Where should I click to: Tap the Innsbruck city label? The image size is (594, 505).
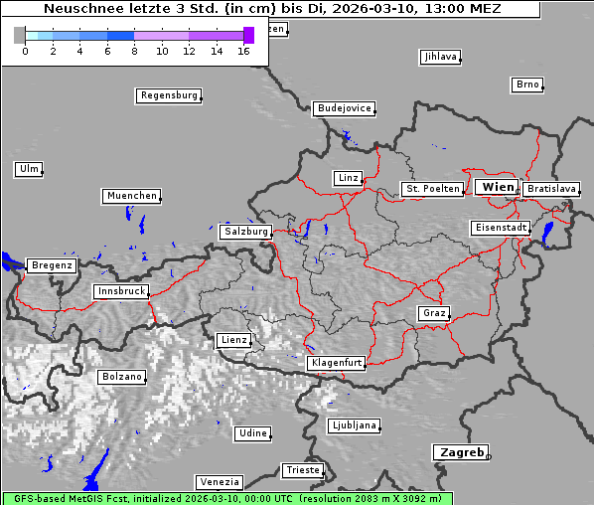pos(121,292)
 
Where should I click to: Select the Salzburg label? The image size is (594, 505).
pos(245,232)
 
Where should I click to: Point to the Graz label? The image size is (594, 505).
pos(434,313)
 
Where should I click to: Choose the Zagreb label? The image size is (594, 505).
pos(460,452)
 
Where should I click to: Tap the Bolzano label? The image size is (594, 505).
pos(122,377)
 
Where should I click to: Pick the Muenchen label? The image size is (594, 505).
pos(131,196)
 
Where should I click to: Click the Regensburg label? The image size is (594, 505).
pos(169,95)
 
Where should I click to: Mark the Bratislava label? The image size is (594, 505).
pos(551,188)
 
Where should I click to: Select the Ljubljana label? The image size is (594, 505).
pos(354,425)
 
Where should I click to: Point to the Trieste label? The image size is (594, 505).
pos(302,469)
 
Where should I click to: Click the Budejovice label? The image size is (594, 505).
pos(344,108)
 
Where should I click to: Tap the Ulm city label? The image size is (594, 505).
pos(29,169)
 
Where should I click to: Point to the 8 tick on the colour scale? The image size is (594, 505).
pos(134,50)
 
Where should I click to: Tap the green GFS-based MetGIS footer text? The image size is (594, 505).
pos(226,498)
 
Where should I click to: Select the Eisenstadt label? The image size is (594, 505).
pos(500,228)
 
